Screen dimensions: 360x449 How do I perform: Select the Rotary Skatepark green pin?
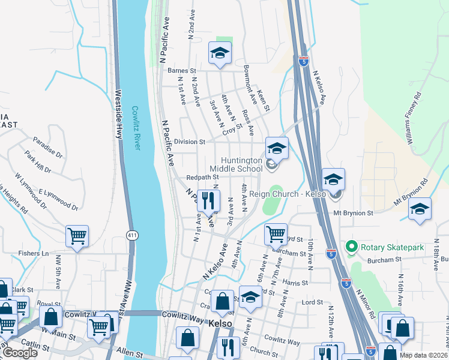(351, 247)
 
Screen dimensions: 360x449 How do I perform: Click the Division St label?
(190, 142)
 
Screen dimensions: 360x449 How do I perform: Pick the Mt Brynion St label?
(354, 212)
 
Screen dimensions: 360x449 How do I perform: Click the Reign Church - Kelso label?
(293, 194)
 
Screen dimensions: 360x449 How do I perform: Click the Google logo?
(20, 353)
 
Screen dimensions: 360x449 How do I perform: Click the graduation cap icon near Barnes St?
(220, 53)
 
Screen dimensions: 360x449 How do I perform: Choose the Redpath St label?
(202, 178)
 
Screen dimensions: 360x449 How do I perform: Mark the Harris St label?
(295, 282)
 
